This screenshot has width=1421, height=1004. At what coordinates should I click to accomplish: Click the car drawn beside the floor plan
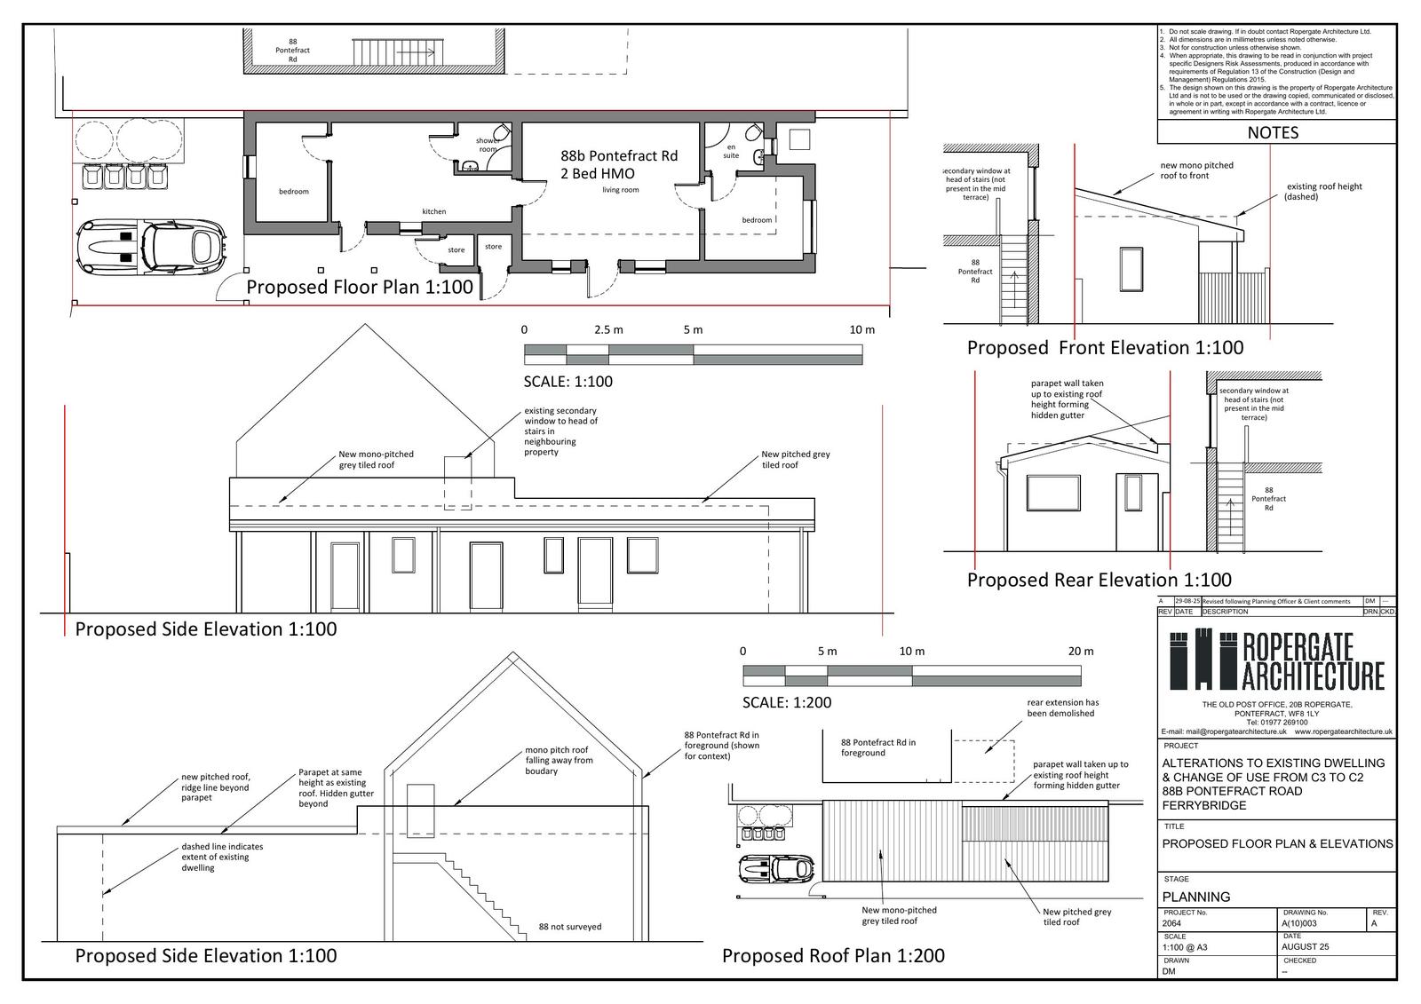click(151, 246)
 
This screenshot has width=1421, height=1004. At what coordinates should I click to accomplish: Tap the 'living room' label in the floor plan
click(621, 190)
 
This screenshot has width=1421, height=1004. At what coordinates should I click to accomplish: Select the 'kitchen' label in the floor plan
click(434, 211)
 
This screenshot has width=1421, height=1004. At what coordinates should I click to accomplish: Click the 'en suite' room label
click(731, 151)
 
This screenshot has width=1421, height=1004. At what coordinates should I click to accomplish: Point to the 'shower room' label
click(488, 145)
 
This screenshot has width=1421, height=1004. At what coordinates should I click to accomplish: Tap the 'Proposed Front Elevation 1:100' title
click(1105, 348)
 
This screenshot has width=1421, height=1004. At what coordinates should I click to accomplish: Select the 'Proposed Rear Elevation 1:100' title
click(1099, 581)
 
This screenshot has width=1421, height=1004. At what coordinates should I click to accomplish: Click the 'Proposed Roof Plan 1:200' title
click(833, 956)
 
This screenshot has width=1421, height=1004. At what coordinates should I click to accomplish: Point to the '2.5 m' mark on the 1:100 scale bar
click(608, 329)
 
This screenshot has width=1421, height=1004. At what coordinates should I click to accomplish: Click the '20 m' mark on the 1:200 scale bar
click(1081, 651)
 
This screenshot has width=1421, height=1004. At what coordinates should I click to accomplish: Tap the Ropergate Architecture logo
click(1276, 660)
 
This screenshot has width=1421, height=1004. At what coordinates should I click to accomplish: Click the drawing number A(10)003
click(1304, 923)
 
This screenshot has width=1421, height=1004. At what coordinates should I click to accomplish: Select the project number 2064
click(1172, 923)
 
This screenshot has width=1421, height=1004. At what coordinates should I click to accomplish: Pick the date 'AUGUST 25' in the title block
click(1306, 946)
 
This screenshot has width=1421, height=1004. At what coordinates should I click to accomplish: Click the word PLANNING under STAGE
click(1196, 897)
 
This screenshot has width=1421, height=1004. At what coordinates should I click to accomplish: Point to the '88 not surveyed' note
click(570, 927)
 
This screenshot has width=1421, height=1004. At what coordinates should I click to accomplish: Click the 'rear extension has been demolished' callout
click(1062, 708)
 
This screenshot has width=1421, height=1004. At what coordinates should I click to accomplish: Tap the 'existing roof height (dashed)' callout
click(1323, 191)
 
